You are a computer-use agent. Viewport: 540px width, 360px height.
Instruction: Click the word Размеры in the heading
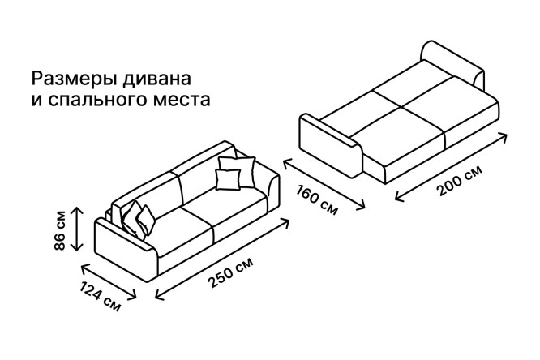tap(73, 79)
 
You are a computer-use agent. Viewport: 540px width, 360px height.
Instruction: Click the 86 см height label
tap(59, 229)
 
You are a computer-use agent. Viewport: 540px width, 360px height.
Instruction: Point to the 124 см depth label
tap(100, 296)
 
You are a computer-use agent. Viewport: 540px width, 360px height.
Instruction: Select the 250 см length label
tap(230, 272)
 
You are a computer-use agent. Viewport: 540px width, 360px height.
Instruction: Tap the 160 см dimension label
tap(317, 200)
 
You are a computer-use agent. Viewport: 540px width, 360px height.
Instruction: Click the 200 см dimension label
tap(459, 181)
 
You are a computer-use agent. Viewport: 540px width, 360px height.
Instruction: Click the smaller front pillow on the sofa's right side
tap(228, 179)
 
